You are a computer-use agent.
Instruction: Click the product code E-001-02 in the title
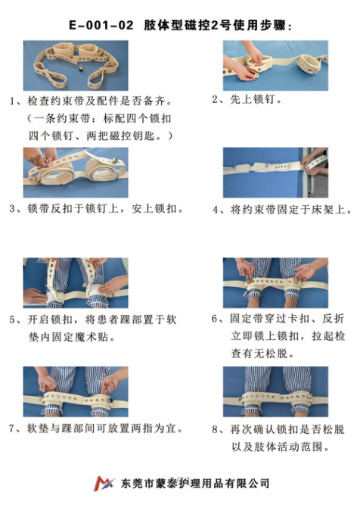click(100, 25)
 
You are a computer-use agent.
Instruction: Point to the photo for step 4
click(275, 173)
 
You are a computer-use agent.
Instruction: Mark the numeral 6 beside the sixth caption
click(216, 319)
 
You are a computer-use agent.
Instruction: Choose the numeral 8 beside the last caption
click(216, 428)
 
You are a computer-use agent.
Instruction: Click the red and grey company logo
click(103, 483)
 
